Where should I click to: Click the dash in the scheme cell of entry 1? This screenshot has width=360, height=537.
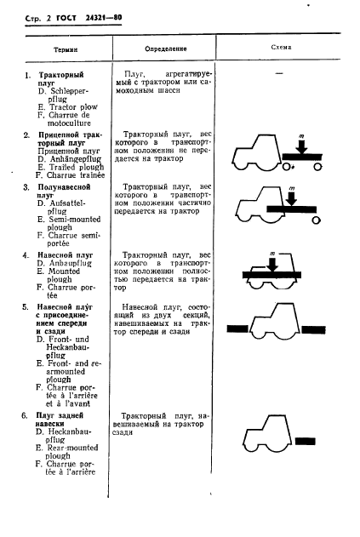278,76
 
